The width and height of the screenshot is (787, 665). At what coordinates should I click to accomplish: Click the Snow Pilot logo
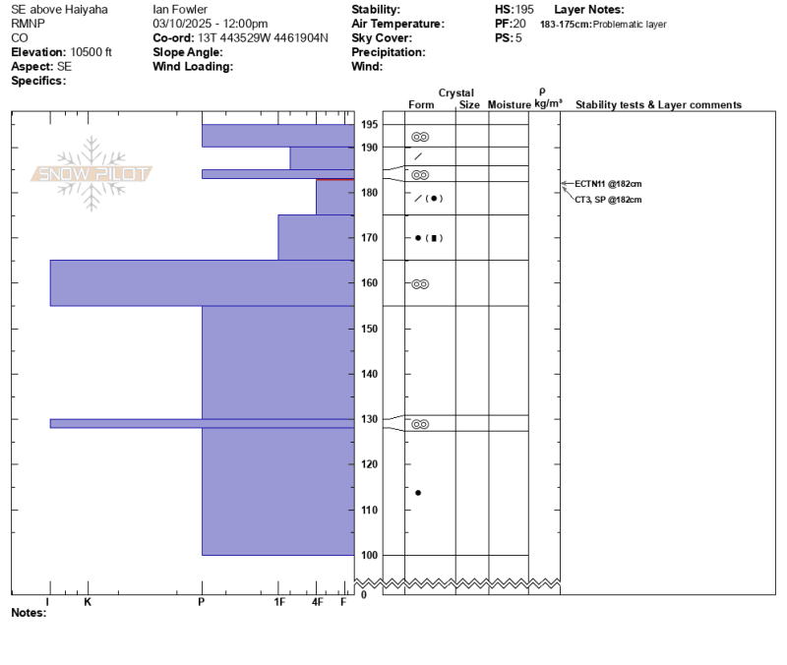[x=91, y=173]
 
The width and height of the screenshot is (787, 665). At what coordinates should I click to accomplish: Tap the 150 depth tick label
[x=370, y=329]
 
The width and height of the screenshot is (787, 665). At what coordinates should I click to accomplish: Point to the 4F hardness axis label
[x=317, y=602]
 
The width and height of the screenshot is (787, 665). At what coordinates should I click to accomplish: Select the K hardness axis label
[x=88, y=602]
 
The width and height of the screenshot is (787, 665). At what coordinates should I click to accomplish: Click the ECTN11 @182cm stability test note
[x=608, y=184]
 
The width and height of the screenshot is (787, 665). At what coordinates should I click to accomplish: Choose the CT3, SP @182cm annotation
[x=608, y=200]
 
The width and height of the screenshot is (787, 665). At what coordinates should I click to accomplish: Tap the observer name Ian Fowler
[x=180, y=10]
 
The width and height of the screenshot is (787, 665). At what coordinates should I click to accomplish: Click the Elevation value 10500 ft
[x=91, y=52]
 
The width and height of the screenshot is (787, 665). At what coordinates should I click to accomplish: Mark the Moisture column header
[x=509, y=105]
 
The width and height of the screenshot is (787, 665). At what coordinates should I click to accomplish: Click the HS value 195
[x=523, y=10]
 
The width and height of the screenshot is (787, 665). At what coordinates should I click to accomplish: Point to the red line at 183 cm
[x=334, y=179]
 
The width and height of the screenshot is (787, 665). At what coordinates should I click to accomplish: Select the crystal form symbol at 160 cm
[x=420, y=284]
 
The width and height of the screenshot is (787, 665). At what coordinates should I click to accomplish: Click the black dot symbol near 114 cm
[x=418, y=493]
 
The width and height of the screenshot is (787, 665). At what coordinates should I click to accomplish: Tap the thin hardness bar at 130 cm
[x=202, y=424]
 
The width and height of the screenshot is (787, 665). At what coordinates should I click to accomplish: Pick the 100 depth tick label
[x=370, y=555]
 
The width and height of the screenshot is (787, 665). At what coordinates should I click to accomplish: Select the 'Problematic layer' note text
[x=630, y=24]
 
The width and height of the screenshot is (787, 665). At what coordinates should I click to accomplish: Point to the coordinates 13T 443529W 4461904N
[x=263, y=38]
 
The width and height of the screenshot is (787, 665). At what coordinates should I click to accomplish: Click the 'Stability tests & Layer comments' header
[x=658, y=105]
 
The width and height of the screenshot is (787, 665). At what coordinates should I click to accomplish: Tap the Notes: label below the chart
[x=29, y=613]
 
